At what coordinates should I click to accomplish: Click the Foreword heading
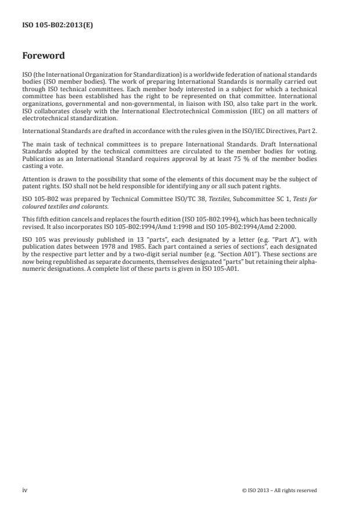[43, 56]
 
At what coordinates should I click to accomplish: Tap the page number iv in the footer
[24, 490]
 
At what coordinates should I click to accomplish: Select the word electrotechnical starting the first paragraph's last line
[44, 117]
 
